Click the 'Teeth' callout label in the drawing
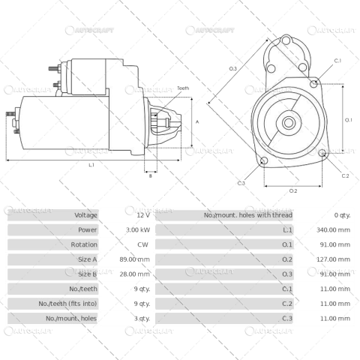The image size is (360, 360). [x=184, y=88]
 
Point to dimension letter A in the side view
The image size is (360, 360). [x=196, y=121]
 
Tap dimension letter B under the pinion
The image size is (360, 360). [x=150, y=176]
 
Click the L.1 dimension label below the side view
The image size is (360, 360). [x=91, y=164]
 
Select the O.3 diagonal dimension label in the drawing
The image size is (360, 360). [x=233, y=69]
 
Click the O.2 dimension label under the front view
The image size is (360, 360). [x=293, y=190]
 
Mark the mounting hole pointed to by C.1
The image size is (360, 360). [x=313, y=82]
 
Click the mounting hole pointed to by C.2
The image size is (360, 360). [x=322, y=154]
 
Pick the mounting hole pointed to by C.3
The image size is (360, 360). [x=263, y=161]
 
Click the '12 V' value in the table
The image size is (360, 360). [x=143, y=215]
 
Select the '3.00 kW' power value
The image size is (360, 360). [x=137, y=229]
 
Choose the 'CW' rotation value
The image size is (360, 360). [x=142, y=244]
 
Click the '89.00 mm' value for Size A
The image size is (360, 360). [x=135, y=259]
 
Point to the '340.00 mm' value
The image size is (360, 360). [x=334, y=229]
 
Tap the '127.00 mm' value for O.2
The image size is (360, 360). [x=334, y=259]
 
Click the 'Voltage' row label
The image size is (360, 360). [x=85, y=215]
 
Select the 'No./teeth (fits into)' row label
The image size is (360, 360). [x=67, y=304]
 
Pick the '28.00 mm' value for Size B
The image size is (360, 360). [x=135, y=274]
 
